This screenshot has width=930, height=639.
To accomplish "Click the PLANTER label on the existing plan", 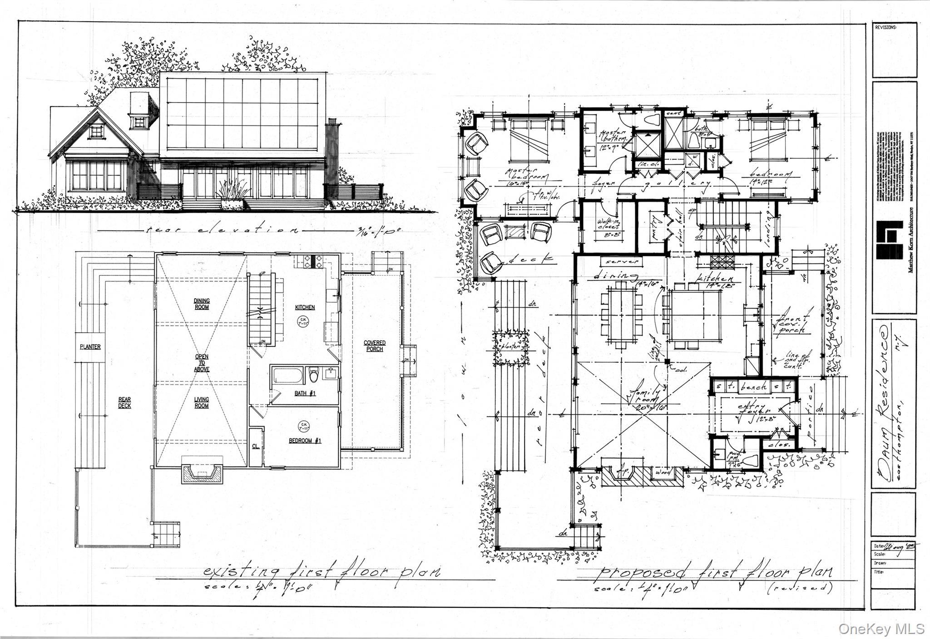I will coord(90,347).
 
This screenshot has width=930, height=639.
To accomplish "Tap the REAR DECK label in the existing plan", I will coord(125,403).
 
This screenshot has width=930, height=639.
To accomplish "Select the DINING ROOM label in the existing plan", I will coord(202,304).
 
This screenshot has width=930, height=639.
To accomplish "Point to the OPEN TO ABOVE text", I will coord(202,363).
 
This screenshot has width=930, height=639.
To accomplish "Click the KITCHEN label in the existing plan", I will coord(305,307).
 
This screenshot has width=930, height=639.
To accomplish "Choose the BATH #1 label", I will coord(305,393).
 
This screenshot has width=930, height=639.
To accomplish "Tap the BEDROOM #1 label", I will coord(305,441).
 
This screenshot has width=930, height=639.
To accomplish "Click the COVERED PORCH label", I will coord(375,346).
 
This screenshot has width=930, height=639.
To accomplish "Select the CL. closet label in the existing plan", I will coord(256,446).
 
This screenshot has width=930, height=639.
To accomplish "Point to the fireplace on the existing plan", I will coord(203,474).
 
